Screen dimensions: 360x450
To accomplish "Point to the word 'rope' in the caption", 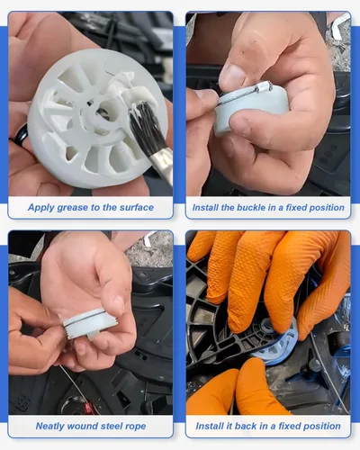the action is (x=136, y=427).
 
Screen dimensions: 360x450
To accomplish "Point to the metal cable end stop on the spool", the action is (x=265, y=87).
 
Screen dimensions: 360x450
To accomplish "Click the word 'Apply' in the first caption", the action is (x=40, y=208).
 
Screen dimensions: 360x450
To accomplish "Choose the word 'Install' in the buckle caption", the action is (x=205, y=207).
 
